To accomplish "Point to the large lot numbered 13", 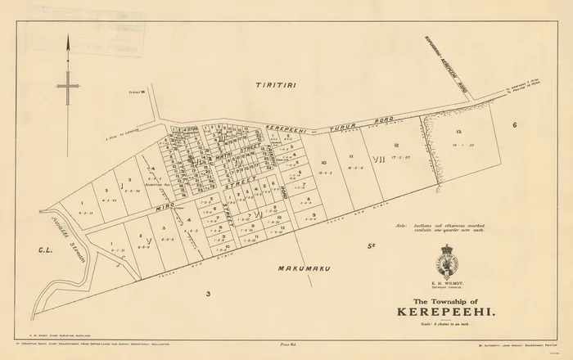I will click(459, 132).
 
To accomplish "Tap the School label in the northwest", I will click(146, 92).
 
